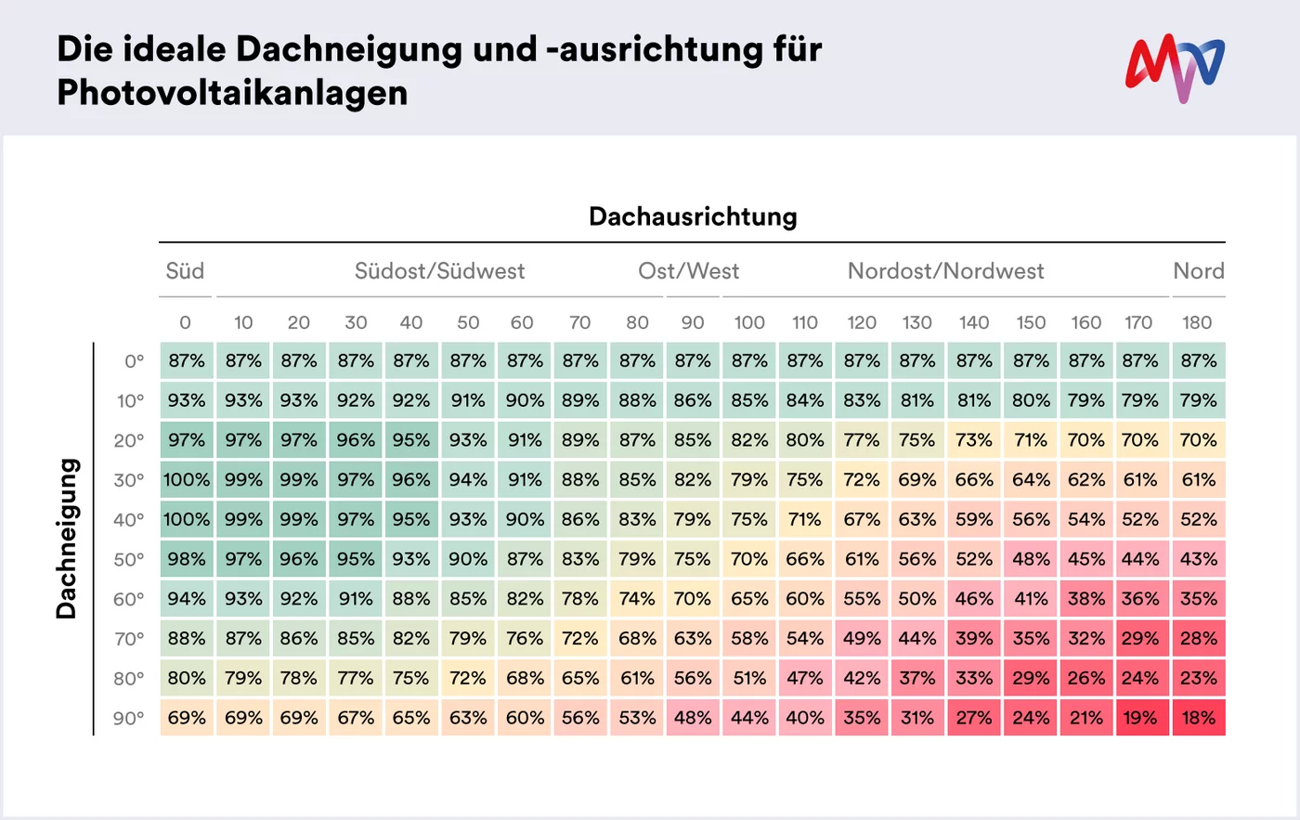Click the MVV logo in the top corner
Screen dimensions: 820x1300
1175,69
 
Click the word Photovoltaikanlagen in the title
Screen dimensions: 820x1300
232,93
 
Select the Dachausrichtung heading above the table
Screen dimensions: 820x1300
693,217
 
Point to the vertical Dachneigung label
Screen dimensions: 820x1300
66,539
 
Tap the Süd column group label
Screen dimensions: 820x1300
185,271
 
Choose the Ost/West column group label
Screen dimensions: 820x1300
688,271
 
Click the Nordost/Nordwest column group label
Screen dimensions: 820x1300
945,271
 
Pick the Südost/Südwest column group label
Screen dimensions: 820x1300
439,271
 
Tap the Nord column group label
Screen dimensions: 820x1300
1198,271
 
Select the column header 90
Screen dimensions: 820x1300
693,322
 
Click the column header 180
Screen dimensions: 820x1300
1197,322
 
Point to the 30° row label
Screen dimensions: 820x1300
129,480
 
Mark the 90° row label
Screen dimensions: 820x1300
129,718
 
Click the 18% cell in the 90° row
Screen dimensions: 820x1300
1198,718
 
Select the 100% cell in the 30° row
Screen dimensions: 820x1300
187,480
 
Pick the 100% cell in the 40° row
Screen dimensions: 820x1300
187,520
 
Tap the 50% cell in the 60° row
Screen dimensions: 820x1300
917,599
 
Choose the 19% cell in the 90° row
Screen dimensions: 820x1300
1140,718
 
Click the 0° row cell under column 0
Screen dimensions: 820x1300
187,360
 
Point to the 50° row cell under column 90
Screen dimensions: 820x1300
693,559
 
